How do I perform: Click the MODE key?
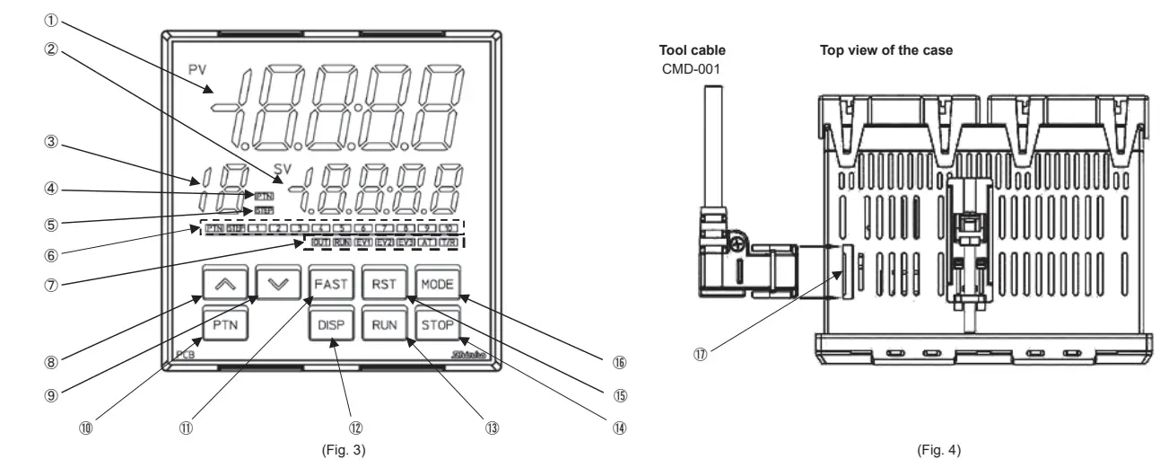pos(438,285)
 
